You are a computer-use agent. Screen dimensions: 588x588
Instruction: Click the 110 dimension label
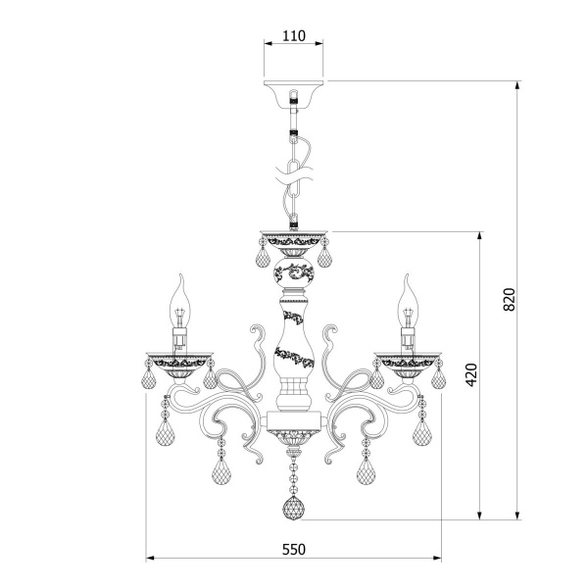click(294, 36)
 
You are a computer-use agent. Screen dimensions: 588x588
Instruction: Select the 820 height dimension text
click(510, 299)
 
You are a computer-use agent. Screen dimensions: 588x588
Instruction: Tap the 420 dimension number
click(471, 374)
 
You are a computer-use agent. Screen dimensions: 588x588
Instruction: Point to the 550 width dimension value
click(294, 550)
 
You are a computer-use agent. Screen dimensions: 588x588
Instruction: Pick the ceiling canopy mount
click(293, 94)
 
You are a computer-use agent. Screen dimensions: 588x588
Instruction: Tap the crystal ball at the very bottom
click(293, 509)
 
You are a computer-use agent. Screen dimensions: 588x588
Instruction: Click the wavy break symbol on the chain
click(294, 175)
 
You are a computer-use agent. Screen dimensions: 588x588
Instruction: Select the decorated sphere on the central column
click(294, 272)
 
